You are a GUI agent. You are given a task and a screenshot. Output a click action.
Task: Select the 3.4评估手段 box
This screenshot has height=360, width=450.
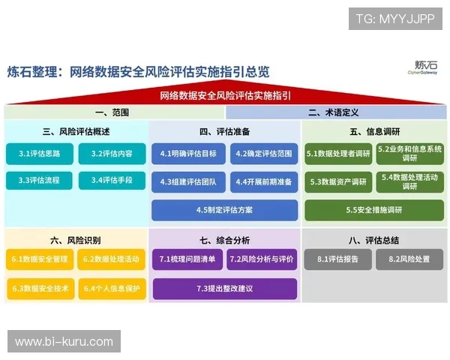tap(112, 181)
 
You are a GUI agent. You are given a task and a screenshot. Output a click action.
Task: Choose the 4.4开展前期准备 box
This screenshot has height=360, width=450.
tap(262, 181)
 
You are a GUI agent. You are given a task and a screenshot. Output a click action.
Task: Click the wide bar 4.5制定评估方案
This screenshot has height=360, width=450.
tap(224, 210)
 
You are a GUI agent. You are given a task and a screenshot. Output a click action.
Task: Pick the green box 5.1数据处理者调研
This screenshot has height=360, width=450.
tap(338, 154)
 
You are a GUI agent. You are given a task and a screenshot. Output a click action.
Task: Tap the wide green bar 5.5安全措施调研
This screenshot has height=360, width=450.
tap(374, 210)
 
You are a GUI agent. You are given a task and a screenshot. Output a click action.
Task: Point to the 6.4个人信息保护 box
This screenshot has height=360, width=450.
tap(112, 288)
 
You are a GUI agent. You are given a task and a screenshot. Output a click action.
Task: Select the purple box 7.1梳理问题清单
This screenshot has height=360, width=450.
tap(187, 260)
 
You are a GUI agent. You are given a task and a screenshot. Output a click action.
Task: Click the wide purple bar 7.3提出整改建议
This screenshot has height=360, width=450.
tap(224, 288)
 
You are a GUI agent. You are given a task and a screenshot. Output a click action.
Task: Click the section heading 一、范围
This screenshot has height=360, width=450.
tap(112, 112)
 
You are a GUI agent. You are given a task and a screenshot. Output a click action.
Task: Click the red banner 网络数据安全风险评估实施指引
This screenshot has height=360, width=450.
tap(225, 96)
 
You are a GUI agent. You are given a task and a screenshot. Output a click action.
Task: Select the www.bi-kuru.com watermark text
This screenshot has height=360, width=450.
tap(64, 342)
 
